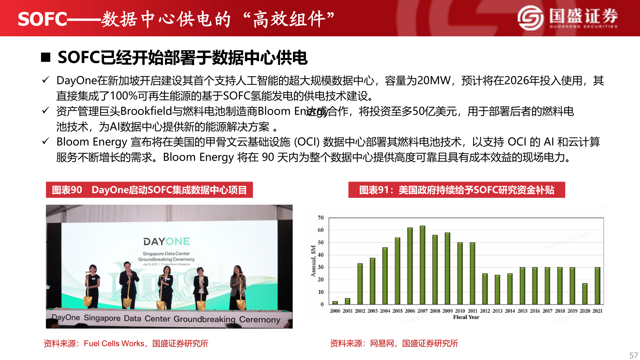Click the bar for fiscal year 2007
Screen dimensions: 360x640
422,265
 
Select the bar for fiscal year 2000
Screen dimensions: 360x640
335,303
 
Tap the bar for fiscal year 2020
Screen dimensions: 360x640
585,294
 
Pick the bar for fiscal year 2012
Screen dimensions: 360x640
485,289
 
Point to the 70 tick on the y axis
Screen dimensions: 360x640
320,218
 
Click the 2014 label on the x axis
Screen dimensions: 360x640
510,311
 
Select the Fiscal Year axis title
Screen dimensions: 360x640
466,317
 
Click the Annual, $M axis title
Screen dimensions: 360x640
313,261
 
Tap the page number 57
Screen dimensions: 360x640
633,355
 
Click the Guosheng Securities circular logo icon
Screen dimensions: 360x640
530,18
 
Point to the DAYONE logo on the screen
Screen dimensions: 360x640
166,241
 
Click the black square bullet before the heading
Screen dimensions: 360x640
46,57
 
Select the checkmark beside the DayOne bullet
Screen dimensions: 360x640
46,80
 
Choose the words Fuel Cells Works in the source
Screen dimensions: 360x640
114,343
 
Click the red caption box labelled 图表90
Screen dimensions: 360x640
149,190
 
